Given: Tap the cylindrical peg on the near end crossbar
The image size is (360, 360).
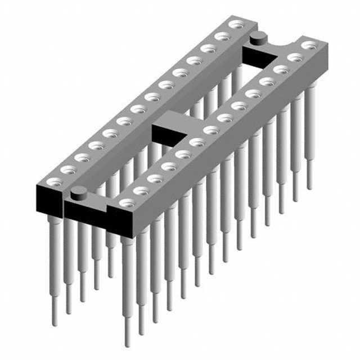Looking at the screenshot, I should [x=79, y=192].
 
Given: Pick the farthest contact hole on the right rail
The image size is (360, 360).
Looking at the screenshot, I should [x=307, y=45].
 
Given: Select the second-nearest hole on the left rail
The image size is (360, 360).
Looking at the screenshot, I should [x=69, y=169].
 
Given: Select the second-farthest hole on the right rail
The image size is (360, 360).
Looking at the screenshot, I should [x=294, y=57].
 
